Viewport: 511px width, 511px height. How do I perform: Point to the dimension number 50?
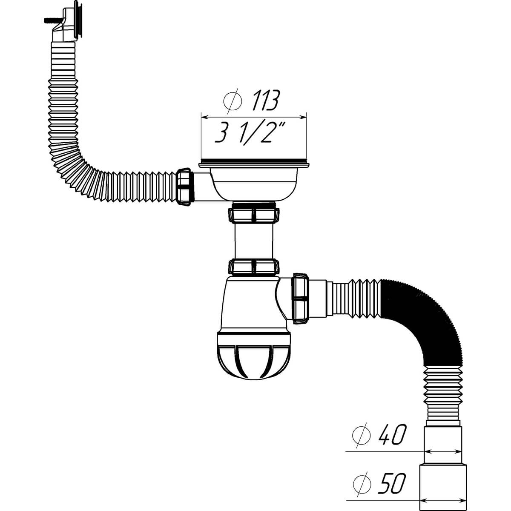click(x=392, y=475)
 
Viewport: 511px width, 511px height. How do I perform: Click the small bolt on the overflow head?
click(x=52, y=20)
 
